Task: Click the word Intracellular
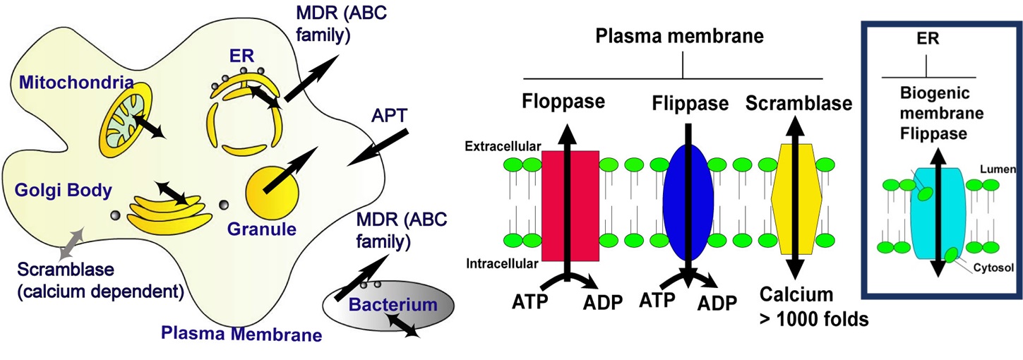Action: [503, 264]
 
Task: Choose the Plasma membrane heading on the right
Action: [682, 35]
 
